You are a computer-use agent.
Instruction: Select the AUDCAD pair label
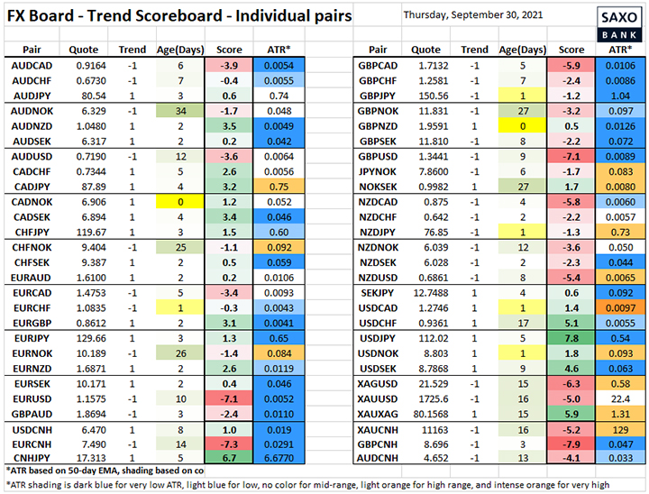(32, 66)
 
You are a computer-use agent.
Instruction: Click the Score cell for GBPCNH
(571, 444)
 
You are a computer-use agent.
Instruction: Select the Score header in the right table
(571, 50)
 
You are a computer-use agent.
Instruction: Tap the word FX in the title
(21, 17)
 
